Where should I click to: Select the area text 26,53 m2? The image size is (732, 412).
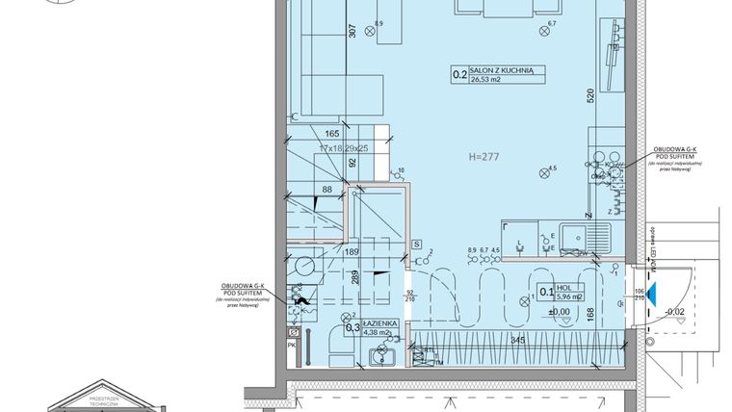click(487, 82)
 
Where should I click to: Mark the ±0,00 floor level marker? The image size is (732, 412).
click(558, 311)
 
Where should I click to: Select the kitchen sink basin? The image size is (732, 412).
click(579, 236)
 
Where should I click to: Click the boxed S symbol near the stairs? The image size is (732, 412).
click(415, 244)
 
